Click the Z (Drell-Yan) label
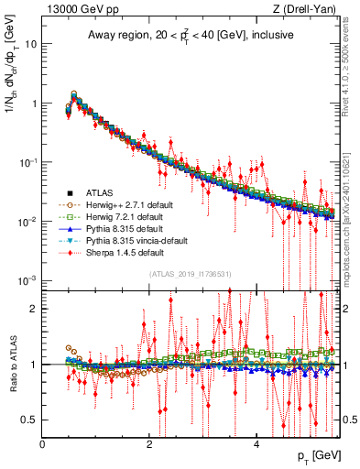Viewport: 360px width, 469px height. pyautogui.click(x=308, y=9)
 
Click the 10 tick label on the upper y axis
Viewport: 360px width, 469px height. pyautogui.click(x=30, y=44)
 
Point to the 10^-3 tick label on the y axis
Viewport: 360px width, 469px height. pyautogui.click(x=27, y=280)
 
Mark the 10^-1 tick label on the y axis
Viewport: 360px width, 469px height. pyautogui.click(x=27, y=162)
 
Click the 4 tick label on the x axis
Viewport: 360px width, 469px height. pyautogui.click(x=256, y=444)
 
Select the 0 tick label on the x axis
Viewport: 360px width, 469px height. pyautogui.click(x=43, y=444)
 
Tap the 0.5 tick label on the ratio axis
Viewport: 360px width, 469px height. pyautogui.click(x=28, y=420)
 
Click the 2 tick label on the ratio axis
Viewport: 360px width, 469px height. pyautogui.click(x=33, y=308)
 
